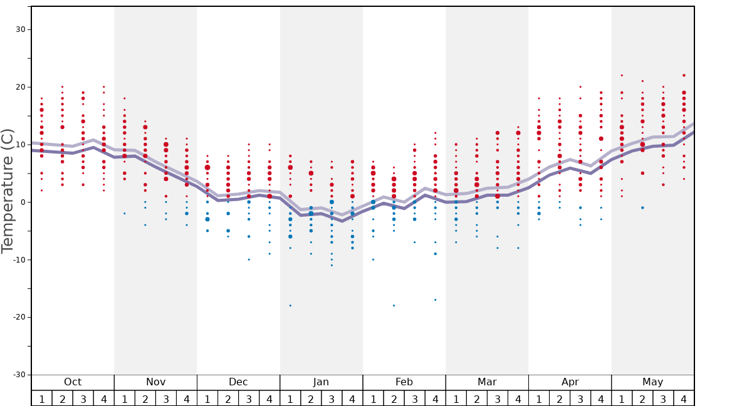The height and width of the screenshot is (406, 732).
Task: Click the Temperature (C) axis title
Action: coord(8,190)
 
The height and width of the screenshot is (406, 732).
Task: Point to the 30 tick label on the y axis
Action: coord(19,29)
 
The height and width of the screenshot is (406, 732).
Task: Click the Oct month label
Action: coord(73,382)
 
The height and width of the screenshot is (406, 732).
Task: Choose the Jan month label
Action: coord(321,382)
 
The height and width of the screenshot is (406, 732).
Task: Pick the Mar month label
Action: coord(487,382)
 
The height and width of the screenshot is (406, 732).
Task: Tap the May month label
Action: coord(652,382)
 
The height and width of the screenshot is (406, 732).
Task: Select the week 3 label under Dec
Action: coord(249,399)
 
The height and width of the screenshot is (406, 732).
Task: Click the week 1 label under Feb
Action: coord(373,399)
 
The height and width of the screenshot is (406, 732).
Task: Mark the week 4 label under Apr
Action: coord(601,399)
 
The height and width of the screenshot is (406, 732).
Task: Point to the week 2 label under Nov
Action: coord(145,399)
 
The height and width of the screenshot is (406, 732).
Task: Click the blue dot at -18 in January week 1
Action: coord(290,305)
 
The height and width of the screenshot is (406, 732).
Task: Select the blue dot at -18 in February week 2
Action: coord(394,305)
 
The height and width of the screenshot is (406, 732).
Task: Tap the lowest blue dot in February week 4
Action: coord(435,299)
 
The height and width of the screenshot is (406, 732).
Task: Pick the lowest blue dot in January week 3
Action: coord(332,265)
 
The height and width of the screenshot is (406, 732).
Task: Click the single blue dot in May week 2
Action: coord(642,207)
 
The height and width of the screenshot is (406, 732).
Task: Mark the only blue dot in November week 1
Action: coord(125,214)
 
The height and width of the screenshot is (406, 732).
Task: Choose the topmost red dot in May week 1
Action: coord(622,75)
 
